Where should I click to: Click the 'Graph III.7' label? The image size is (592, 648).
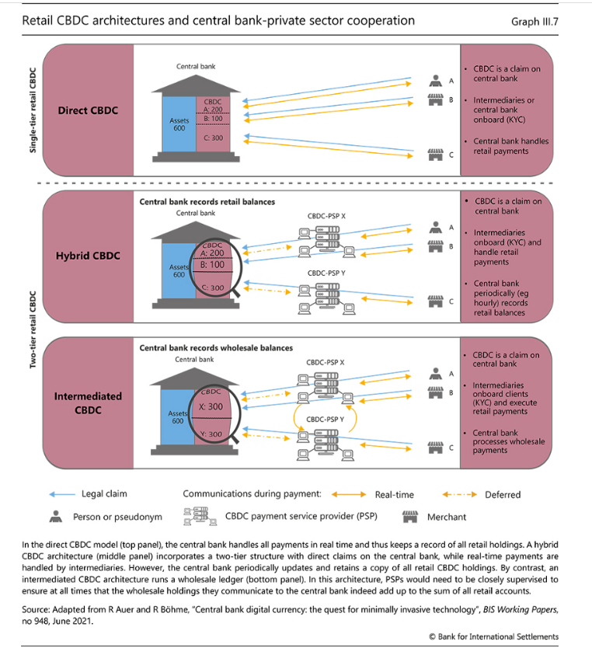(535, 22)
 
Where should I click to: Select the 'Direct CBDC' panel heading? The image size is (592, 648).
(88, 110)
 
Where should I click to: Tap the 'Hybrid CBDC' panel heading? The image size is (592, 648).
(88, 256)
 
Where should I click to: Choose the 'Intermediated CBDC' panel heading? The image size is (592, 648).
(88, 403)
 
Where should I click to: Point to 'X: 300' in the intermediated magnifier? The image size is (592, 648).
(211, 406)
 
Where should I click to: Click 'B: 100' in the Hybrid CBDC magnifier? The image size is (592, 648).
(212, 264)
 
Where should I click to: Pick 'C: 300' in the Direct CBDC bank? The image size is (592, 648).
(213, 138)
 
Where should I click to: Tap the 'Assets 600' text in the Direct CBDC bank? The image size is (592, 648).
(179, 124)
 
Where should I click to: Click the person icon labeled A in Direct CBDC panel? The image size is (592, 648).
(435, 81)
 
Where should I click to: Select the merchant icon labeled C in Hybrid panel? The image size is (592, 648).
(435, 301)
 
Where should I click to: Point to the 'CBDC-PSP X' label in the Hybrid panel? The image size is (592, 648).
(326, 216)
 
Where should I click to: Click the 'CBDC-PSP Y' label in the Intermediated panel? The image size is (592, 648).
(325, 420)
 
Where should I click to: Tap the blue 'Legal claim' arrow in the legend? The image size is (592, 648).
(62, 494)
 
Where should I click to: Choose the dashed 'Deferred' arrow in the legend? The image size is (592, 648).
(459, 494)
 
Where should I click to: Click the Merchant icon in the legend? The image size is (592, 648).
(409, 517)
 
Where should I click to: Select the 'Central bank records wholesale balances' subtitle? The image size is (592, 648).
(216, 348)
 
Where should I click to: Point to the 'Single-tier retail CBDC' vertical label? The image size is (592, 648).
(33, 110)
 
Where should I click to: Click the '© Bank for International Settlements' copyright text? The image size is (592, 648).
(493, 636)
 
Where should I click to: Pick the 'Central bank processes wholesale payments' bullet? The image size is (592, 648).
(505, 441)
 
